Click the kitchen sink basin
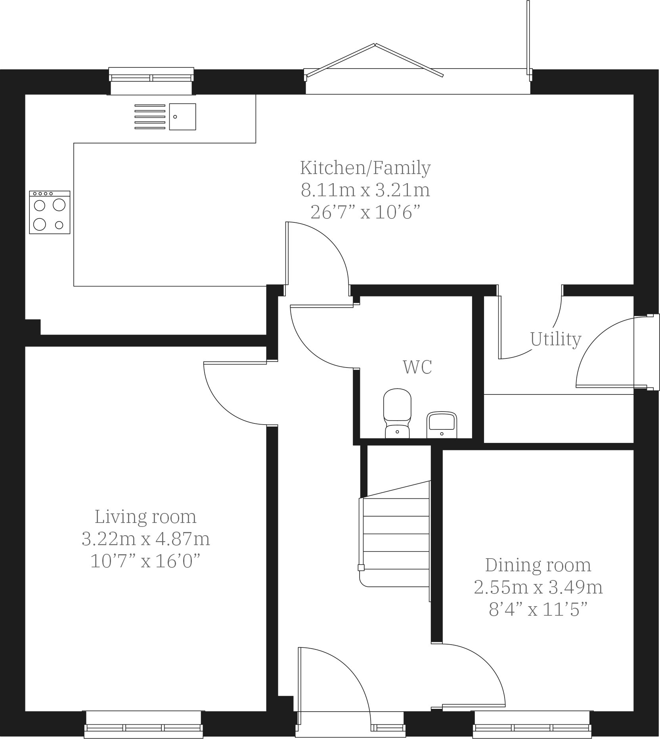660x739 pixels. pyautogui.click(x=182, y=117)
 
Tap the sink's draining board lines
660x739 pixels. pyautogui.click(x=150, y=117)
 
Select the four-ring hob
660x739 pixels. pyautogui.click(x=50, y=213)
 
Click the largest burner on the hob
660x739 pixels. pyautogui.click(x=59, y=205)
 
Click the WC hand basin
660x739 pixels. pyautogui.click(x=442, y=424)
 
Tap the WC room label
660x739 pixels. pyautogui.click(x=417, y=367)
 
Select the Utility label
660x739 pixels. pyautogui.click(x=555, y=339)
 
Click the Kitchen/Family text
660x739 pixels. pyautogui.click(x=365, y=168)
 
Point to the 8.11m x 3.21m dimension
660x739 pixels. pyautogui.click(x=365, y=190)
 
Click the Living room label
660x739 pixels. pyautogui.click(x=145, y=517)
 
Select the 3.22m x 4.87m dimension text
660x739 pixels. pyautogui.click(x=145, y=539)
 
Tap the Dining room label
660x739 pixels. pyautogui.click(x=538, y=565)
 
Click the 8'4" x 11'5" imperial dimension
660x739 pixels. pyautogui.click(x=538, y=609)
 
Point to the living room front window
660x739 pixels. pyautogui.click(x=143, y=725)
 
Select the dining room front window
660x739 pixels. pyautogui.click(x=532, y=725)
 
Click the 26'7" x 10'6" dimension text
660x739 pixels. pyautogui.click(x=365, y=213)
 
